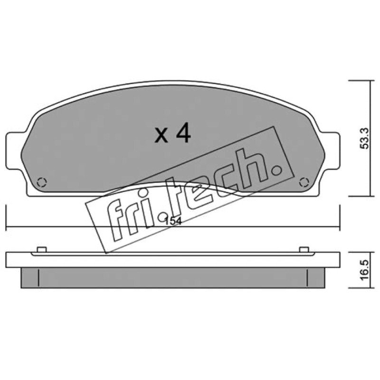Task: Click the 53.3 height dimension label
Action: pyautogui.click(x=365, y=138)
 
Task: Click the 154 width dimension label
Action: pyautogui.click(x=173, y=221)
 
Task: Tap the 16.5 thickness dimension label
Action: pyautogui.click(x=365, y=270)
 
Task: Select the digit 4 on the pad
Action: pyautogui.click(x=183, y=134)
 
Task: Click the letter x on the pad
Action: pyautogui.click(x=161, y=136)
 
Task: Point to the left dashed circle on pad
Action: pyautogui.click(x=41, y=182)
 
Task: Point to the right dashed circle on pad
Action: pyautogui.click(x=304, y=182)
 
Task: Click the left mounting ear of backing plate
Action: pyautogui.click(x=15, y=150)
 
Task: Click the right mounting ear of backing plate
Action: pyautogui.click(x=330, y=150)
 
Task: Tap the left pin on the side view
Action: pyautogui.click(x=41, y=250)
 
